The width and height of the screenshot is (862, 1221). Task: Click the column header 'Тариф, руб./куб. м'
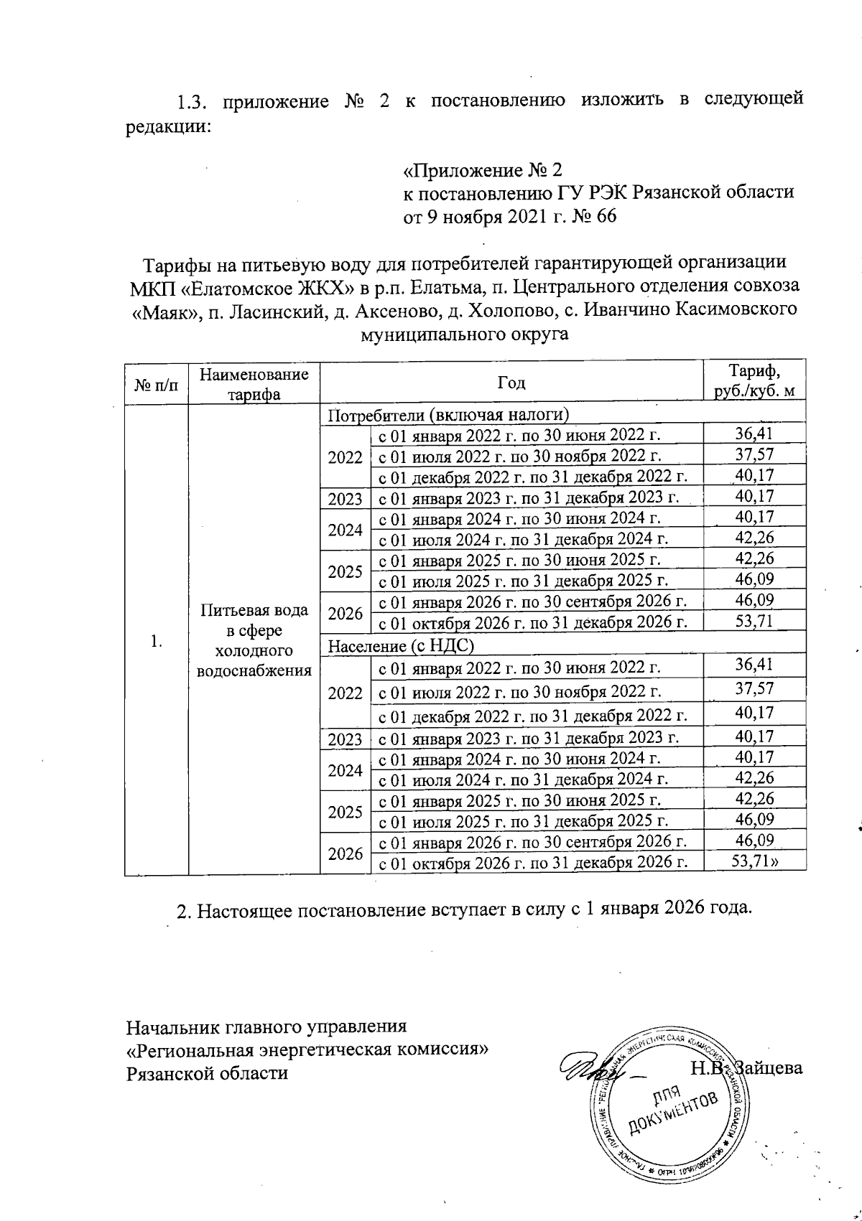[x=754, y=381]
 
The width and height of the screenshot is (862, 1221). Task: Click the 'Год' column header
[x=511, y=382]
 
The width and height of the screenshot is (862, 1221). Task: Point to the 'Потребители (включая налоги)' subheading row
[x=448, y=414]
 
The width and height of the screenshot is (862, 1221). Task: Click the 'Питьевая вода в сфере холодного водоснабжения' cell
[x=254, y=640]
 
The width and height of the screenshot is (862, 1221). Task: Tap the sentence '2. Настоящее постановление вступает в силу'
[x=464, y=909]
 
